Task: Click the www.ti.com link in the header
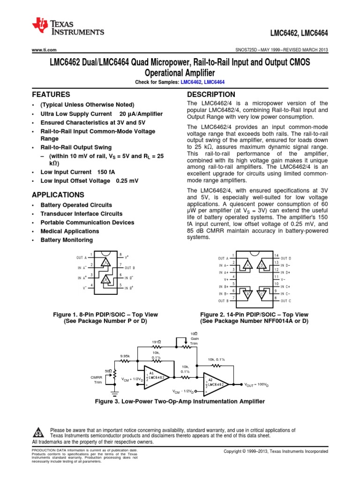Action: click(44, 50)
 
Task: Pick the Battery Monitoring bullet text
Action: click(67, 240)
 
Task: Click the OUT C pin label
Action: click(285, 300)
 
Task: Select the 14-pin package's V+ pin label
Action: click(224, 279)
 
